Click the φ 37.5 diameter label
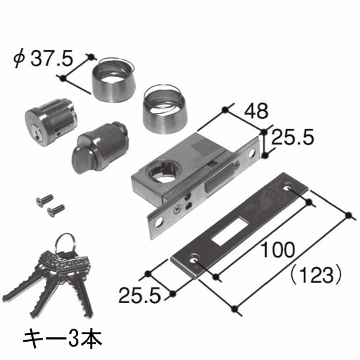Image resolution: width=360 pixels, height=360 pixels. click(43, 59)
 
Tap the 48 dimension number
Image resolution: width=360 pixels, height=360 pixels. click(256, 110)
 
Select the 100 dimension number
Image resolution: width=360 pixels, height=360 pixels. click(278, 250)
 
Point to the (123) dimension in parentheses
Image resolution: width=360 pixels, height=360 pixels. click(316, 275)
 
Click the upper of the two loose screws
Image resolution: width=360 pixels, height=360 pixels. click(44, 200)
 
